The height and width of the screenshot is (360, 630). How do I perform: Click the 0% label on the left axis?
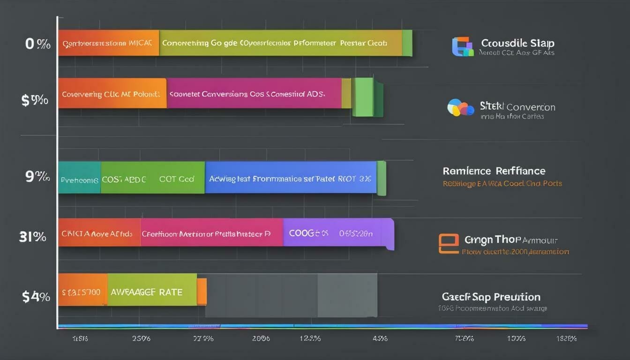click(x=37, y=45)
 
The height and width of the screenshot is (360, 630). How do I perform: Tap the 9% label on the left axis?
click(x=37, y=177)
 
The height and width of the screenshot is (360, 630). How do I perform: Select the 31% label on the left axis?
click(x=32, y=237)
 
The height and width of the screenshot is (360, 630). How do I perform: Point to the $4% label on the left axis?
click(x=36, y=296)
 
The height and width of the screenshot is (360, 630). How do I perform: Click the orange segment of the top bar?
click(x=108, y=43)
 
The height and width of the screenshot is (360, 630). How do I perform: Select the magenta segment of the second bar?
click(x=254, y=93)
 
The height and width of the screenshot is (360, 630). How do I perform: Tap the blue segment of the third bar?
click(x=291, y=178)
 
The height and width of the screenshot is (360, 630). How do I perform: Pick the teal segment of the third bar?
click(x=79, y=178)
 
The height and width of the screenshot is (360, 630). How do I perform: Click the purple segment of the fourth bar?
click(x=337, y=233)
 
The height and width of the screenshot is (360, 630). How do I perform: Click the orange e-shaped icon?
click(x=448, y=244)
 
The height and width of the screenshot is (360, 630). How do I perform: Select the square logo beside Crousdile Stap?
click(x=462, y=47)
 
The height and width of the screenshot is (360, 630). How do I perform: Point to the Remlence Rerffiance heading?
click(x=494, y=171)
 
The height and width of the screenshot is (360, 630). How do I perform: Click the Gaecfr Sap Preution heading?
click(x=491, y=297)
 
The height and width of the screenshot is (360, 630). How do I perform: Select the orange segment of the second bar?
click(x=112, y=93)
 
